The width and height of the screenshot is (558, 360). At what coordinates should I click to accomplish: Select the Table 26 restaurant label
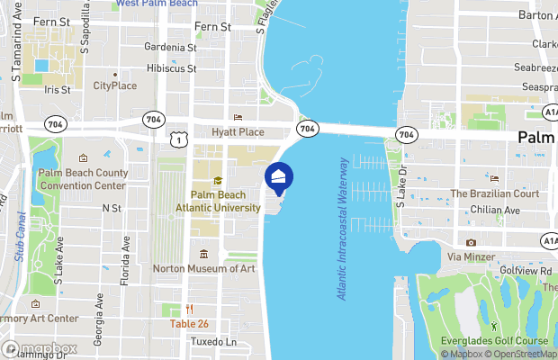190,324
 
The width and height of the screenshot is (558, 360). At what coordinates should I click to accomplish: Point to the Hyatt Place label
238,132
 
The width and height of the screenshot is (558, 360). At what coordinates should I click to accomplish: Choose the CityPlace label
115,86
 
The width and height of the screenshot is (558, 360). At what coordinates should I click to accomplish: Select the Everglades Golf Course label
498,341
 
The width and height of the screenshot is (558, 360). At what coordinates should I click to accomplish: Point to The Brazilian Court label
494,193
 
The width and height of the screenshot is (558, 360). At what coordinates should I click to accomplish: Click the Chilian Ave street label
495,210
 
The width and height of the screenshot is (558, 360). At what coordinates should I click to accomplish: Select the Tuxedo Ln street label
213,342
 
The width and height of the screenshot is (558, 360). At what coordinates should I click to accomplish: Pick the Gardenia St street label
171,46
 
